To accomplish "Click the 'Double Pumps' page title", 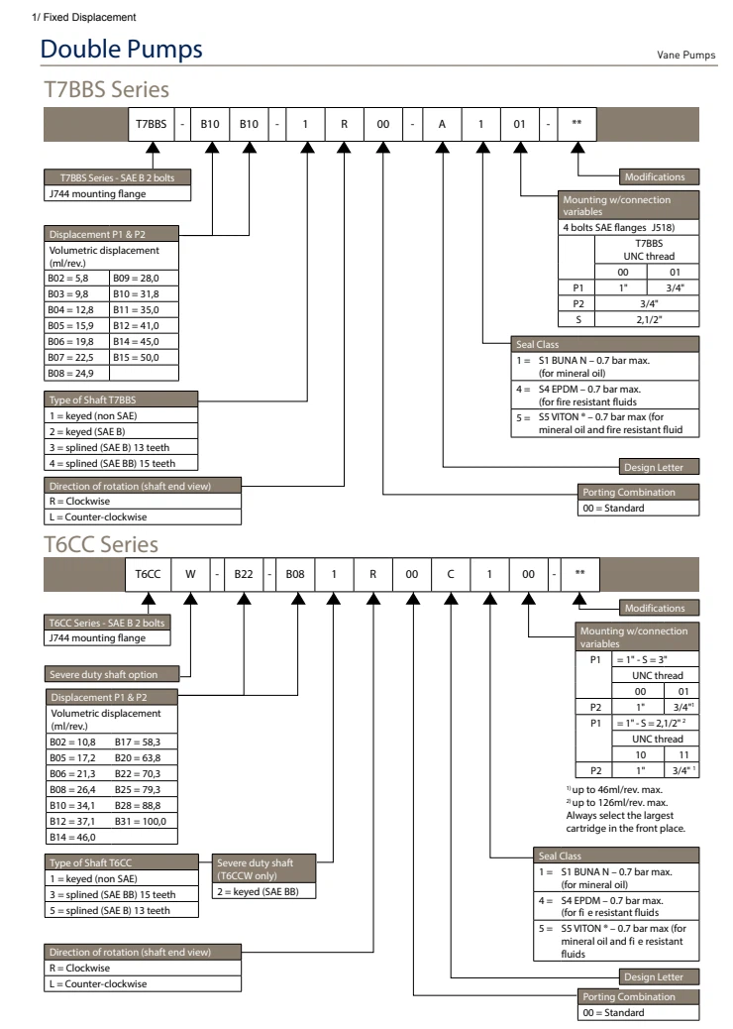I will [x=123, y=49].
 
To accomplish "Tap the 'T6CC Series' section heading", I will [x=100, y=543].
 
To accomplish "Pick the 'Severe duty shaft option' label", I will [x=102, y=676].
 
